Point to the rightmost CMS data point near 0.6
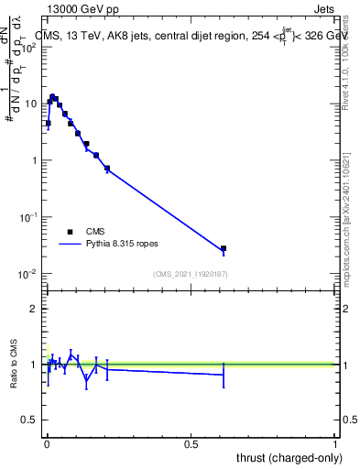(224, 248)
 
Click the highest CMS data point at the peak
(53, 96)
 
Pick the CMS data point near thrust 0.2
(107, 168)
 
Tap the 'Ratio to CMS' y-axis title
(15, 365)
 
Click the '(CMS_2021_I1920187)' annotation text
(191, 274)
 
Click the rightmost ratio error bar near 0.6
(224, 374)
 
